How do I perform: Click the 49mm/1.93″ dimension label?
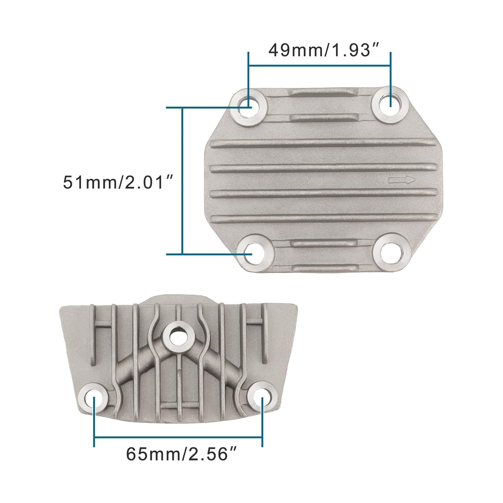[324, 50]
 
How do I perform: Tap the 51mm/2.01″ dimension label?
[118, 182]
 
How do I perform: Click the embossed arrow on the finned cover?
[402, 180]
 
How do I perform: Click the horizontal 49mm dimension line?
[319, 66]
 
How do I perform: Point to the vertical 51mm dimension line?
[182, 181]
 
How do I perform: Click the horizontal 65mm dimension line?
[178, 437]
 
